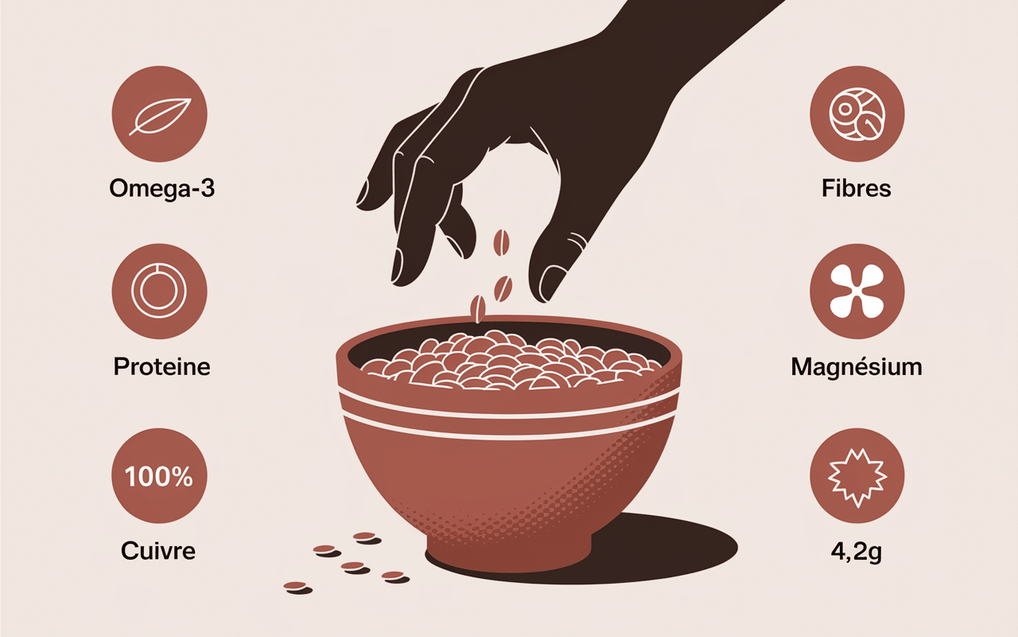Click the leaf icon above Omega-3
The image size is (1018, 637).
(160, 116)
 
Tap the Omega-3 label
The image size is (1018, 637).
(161, 189)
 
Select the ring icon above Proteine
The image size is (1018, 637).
(159, 291)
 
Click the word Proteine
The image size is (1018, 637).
(161, 367)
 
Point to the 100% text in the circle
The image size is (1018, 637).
(159, 477)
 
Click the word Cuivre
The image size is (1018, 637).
(158, 551)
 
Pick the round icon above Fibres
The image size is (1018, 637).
(857, 114)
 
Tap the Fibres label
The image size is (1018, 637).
(857, 189)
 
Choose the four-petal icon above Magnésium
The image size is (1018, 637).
(857, 291)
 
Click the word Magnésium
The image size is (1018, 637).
(857, 367)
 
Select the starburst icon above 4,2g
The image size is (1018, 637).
(857, 478)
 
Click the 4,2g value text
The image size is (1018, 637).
(857, 552)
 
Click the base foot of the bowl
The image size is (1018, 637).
(508, 552)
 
